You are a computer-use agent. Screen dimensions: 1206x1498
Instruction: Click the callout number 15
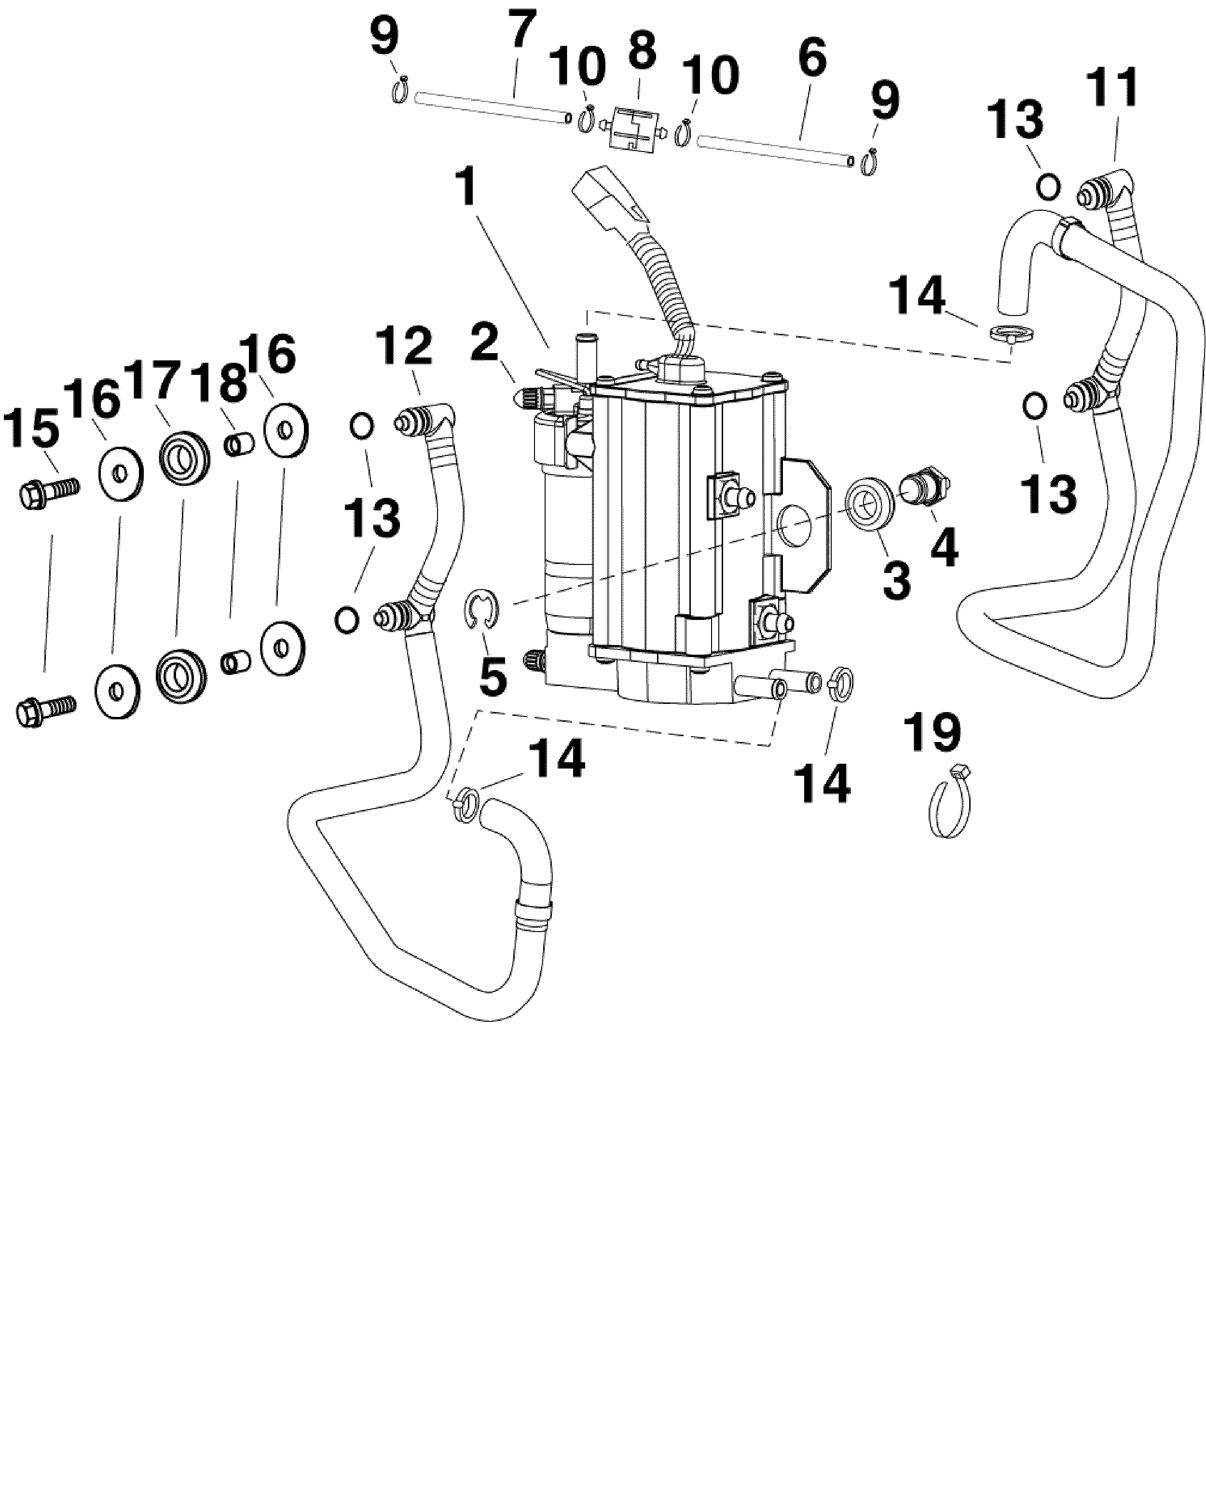[x=32, y=429]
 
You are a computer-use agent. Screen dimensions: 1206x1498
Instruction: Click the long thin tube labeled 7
[x=492, y=108]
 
